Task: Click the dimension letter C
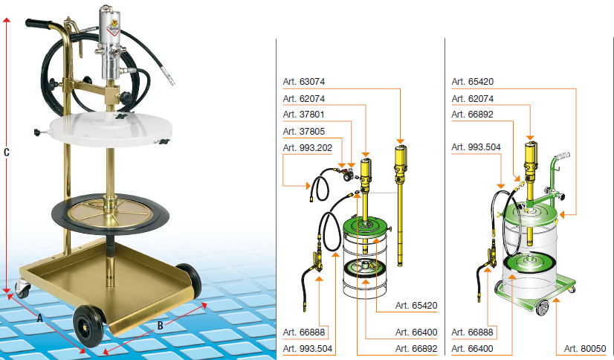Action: pyautogui.click(x=6, y=152)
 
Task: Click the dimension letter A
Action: pyautogui.click(x=39, y=318)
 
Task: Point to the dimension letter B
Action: pyautogui.click(x=160, y=326)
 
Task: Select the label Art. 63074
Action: pyautogui.click(x=304, y=82)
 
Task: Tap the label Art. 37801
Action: pyautogui.click(x=304, y=115)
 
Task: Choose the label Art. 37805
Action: pyautogui.click(x=304, y=131)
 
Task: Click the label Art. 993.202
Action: pyautogui.click(x=308, y=148)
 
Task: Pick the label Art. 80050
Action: pyautogui.click(x=585, y=348)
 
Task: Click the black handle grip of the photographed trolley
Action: pyautogui.click(x=39, y=24)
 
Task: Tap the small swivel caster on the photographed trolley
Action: pyautogui.click(x=23, y=288)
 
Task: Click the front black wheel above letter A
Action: pyautogui.click(x=88, y=326)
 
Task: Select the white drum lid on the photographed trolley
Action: pyautogui.click(x=112, y=128)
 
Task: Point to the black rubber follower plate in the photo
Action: pyautogui.click(x=111, y=213)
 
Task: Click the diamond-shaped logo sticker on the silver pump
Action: pyautogui.click(x=114, y=25)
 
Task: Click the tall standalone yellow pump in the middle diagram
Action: pyautogui.click(x=400, y=205)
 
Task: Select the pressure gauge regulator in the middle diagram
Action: pyautogui.click(x=347, y=175)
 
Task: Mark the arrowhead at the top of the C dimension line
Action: pyautogui.click(x=6, y=20)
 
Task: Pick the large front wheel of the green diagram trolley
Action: pyautogui.click(x=541, y=307)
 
